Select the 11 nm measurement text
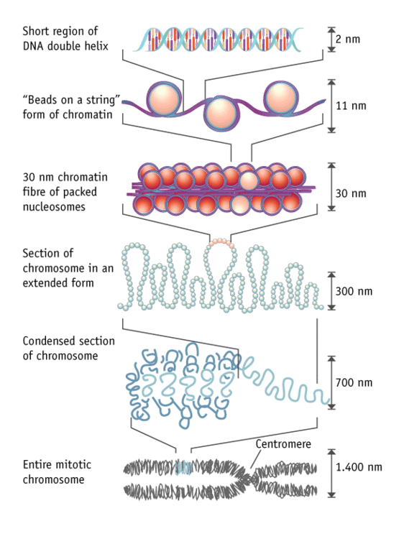pos(350,105)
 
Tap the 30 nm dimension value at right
pos(351,193)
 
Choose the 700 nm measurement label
pos(353,382)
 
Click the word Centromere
pos(283,444)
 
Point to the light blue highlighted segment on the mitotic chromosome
pos(183,468)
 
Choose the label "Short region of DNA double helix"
pos(60,38)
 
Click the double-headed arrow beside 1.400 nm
pos(331,474)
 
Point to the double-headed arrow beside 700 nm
pos(331,382)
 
